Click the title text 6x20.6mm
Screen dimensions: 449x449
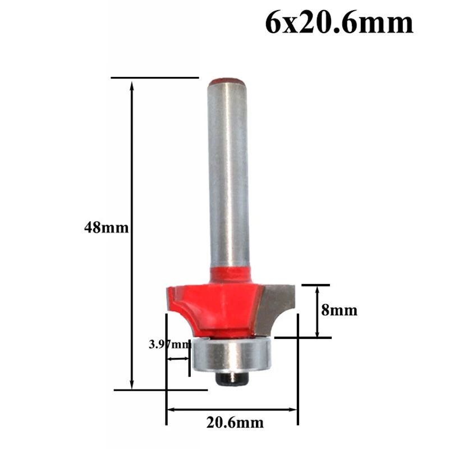(340, 24)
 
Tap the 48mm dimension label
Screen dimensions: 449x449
(106, 228)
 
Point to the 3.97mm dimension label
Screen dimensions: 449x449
(169, 345)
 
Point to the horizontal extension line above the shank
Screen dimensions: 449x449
(155, 77)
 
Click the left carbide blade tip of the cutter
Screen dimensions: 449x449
(169, 296)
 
